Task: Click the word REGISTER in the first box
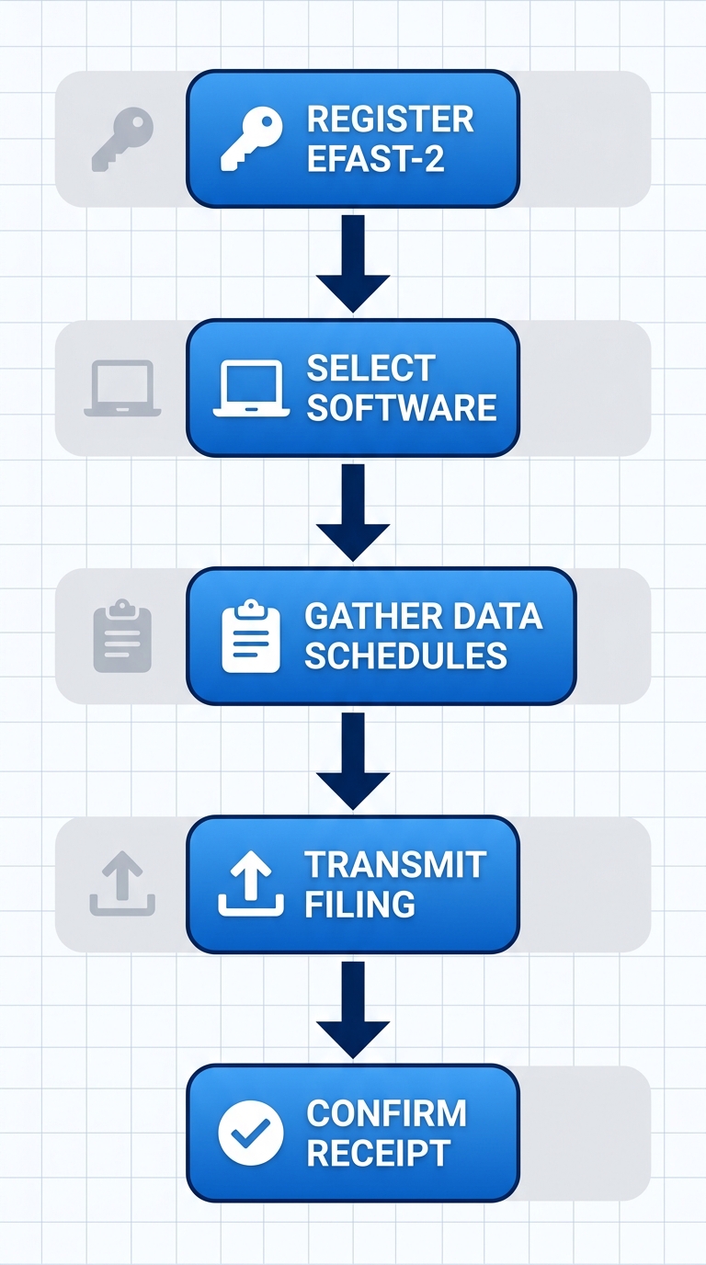point(390,120)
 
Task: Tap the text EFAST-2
point(375,159)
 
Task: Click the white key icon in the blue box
point(251,139)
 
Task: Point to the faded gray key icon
point(122,139)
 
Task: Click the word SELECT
point(370,368)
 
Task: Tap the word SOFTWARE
point(402,407)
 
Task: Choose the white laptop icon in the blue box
point(251,388)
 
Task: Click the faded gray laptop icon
point(122,388)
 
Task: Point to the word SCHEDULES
point(405,655)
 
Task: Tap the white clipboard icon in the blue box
point(251,635)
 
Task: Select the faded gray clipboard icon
point(122,635)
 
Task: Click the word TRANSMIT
point(395,864)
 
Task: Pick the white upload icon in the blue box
point(251,883)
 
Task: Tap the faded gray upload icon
point(122,883)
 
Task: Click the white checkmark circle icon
point(251,1133)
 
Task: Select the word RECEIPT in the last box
point(378,1153)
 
